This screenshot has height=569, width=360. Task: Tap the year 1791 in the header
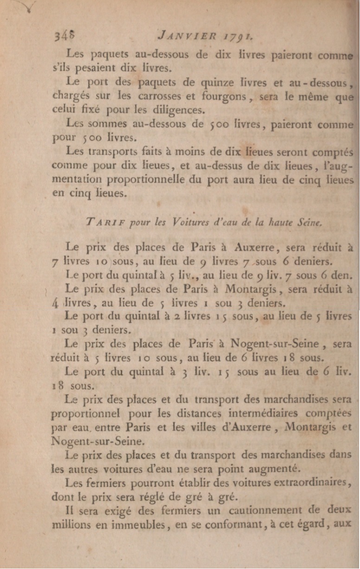point(235,35)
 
